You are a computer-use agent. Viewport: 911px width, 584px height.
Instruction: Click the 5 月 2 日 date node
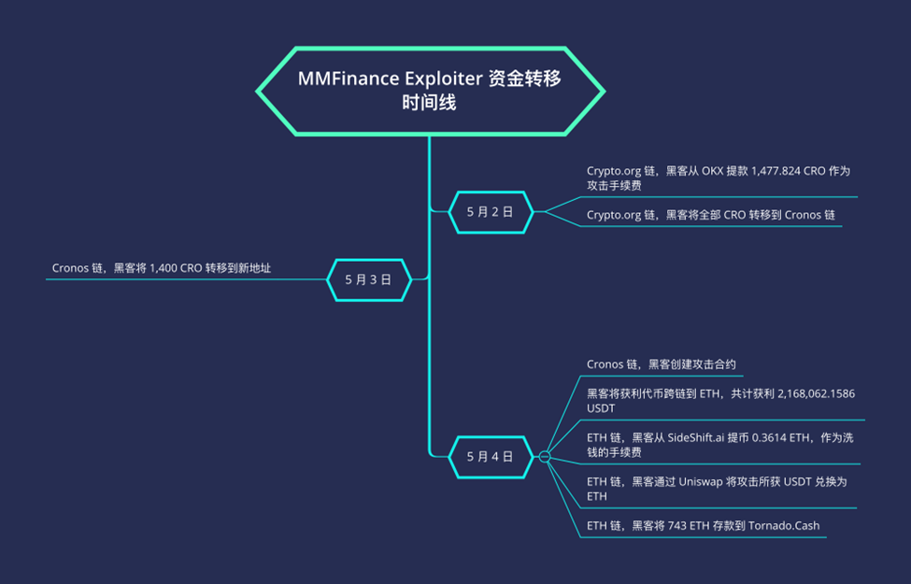click(x=490, y=212)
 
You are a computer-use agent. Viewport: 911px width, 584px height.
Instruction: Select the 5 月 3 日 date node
click(x=368, y=278)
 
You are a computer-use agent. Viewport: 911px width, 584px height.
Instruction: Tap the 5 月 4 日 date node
click(x=490, y=456)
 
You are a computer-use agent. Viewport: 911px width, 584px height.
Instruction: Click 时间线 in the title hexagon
click(x=429, y=104)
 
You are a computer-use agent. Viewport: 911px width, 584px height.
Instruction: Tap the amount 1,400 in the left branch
click(x=165, y=268)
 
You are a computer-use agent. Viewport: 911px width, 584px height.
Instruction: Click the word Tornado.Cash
click(x=784, y=525)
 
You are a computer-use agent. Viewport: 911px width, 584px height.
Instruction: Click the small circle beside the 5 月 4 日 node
click(x=545, y=456)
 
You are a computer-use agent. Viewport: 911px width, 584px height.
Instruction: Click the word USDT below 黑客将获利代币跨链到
click(x=602, y=409)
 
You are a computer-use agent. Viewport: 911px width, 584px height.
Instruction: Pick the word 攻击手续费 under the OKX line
click(x=614, y=186)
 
